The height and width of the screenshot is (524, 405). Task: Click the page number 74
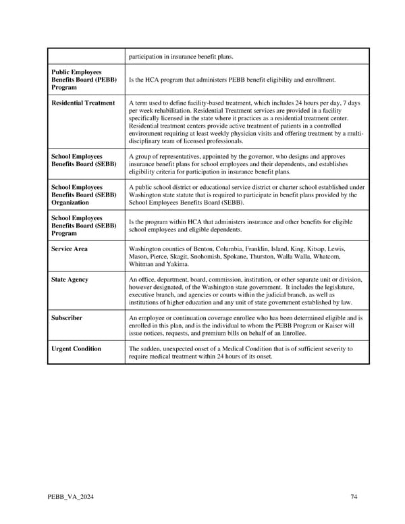[x=354, y=498]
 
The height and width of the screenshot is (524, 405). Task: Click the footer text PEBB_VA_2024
[x=70, y=498]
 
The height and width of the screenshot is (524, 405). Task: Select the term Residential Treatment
[x=83, y=103]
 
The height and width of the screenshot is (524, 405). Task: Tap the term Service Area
[x=70, y=249]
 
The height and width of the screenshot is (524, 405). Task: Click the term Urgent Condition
[x=76, y=348]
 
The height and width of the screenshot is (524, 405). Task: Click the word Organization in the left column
[x=70, y=202]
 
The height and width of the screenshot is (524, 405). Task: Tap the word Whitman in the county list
[x=141, y=265]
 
